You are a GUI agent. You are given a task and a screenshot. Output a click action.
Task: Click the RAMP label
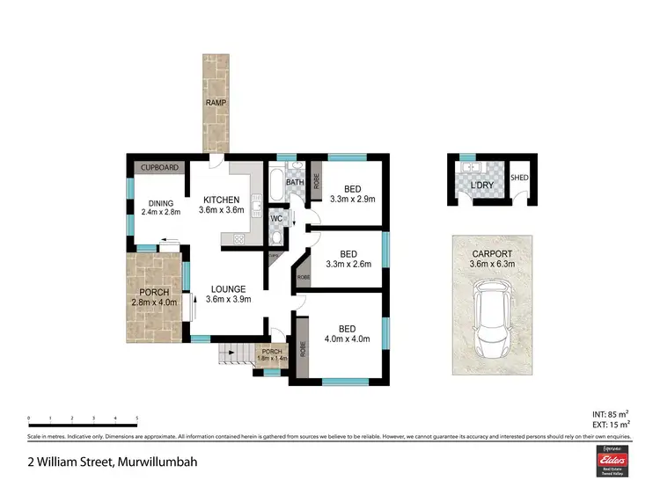coord(216,103)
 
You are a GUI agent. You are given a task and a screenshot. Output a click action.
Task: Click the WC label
coord(275,217)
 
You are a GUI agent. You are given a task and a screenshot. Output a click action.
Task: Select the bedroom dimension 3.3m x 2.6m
coord(348,264)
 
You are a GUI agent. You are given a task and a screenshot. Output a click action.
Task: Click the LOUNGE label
coord(228,288)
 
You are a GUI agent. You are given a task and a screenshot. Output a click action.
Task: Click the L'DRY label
coord(480,186)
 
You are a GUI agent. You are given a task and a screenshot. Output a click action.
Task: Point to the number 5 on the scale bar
coord(136,419)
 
